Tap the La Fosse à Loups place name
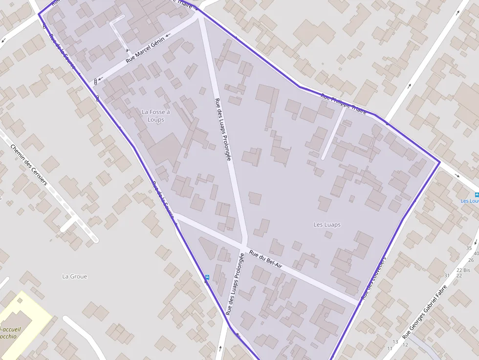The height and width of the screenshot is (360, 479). pyautogui.click(x=155, y=116)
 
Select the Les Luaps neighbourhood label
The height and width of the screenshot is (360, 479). pyautogui.click(x=327, y=225)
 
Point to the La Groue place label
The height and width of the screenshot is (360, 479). pyautogui.click(x=74, y=276)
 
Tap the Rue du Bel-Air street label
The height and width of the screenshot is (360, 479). pyautogui.click(x=265, y=259)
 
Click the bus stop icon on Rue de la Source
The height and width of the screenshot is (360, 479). pyautogui.click(x=207, y=277)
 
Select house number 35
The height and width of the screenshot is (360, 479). pyautogui.click(x=469, y=248)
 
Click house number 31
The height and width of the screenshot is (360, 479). pyautogui.click(x=446, y=275)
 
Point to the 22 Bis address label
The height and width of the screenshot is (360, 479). pyautogui.click(x=463, y=270)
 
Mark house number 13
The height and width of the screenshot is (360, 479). pyautogui.click(x=395, y=341)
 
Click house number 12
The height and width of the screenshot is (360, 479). pyautogui.click(x=405, y=345)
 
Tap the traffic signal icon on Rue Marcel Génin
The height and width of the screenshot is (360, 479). pyautogui.click(x=95, y=81)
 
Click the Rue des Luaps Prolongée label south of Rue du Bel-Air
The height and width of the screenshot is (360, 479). pyautogui.click(x=235, y=283)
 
